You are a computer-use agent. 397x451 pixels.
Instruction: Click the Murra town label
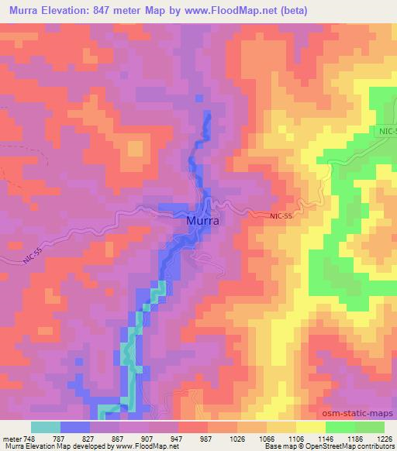(203, 221)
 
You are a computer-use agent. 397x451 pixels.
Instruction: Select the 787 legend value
(60, 437)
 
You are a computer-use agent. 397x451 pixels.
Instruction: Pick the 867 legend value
(120, 437)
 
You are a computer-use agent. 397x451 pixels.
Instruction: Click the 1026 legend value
(238, 437)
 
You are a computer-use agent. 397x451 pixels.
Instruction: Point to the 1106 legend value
(297, 437)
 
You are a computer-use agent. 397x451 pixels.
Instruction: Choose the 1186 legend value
(356, 437)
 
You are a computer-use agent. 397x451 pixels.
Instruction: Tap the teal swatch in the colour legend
(46, 427)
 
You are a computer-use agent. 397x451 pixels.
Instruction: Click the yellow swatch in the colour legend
(310, 427)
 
